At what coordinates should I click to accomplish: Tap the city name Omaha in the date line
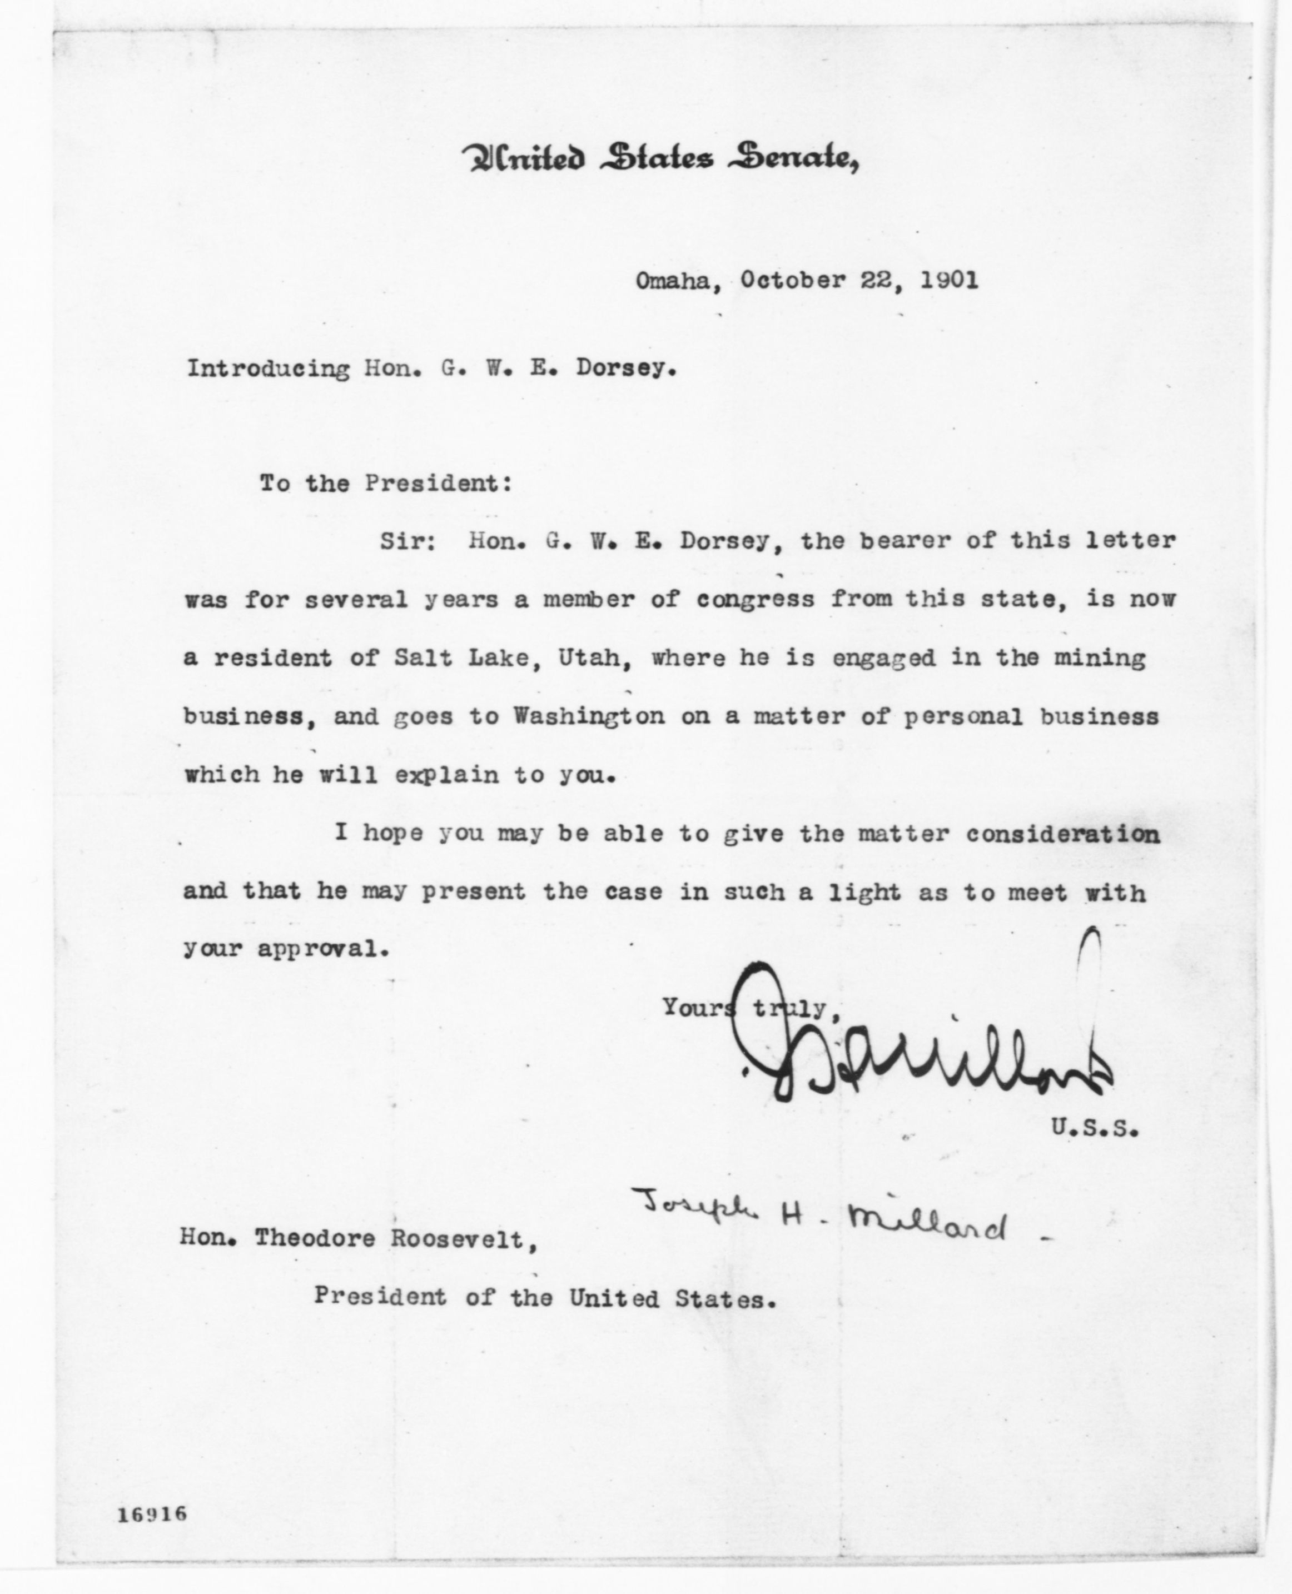tap(672, 281)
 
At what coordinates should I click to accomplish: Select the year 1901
tap(949, 281)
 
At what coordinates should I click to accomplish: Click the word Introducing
tap(268, 369)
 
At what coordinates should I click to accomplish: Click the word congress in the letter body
tap(756, 599)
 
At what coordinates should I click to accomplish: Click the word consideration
tap(1063, 834)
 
